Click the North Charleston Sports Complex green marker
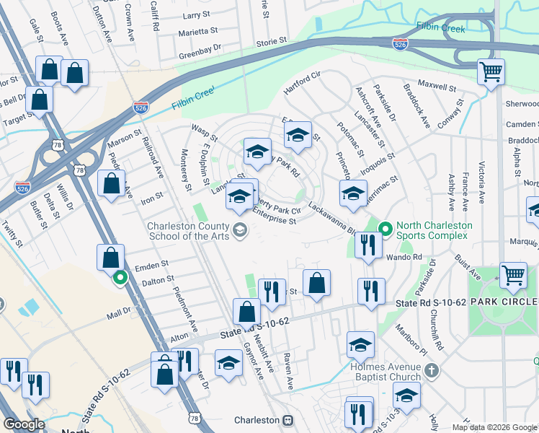pyautogui.click(x=386, y=229)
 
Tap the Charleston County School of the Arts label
pyautogui.click(x=189, y=232)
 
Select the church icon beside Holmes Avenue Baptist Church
pyautogui.click(x=431, y=371)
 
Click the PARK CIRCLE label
pyautogui.click(x=504, y=301)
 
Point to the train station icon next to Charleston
pyautogui.click(x=288, y=420)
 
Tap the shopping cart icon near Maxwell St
pyautogui.click(x=491, y=72)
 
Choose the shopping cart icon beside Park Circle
pyautogui.click(x=512, y=274)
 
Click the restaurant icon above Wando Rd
pyautogui.click(x=367, y=245)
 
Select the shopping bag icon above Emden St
pyautogui.click(x=110, y=257)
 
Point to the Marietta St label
pyautogui.click(x=198, y=31)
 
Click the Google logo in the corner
pyautogui.click(x=24, y=424)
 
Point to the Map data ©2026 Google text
pyautogui.click(x=494, y=427)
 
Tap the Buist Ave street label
pyautogui.click(x=467, y=266)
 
